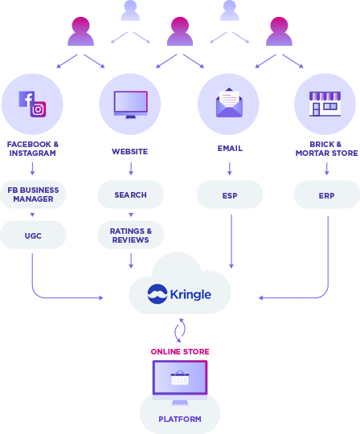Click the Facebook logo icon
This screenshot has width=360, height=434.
click(x=27, y=99)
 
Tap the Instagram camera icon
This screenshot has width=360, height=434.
click(x=39, y=109)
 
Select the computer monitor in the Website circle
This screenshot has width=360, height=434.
click(x=131, y=104)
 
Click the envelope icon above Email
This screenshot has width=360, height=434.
click(x=229, y=103)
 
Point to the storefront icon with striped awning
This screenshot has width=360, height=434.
click(x=325, y=104)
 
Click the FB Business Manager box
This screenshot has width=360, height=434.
click(x=33, y=194)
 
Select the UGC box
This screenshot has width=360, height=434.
click(x=33, y=235)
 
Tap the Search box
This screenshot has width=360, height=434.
click(x=131, y=194)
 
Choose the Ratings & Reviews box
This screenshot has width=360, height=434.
click(x=131, y=235)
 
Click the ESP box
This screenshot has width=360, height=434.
click(x=230, y=194)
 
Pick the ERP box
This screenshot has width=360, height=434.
click(x=326, y=194)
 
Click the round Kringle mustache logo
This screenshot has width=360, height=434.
click(x=157, y=294)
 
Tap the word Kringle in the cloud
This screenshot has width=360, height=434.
click(x=190, y=294)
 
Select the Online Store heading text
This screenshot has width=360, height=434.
click(x=180, y=351)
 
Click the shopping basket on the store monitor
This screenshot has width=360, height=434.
click(x=180, y=377)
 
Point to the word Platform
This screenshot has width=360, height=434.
click(x=180, y=419)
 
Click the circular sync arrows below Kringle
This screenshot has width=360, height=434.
click(x=180, y=330)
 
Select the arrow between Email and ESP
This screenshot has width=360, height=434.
click(x=229, y=169)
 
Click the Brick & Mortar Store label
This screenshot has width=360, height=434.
click(x=326, y=149)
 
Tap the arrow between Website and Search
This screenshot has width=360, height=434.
click(x=131, y=169)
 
